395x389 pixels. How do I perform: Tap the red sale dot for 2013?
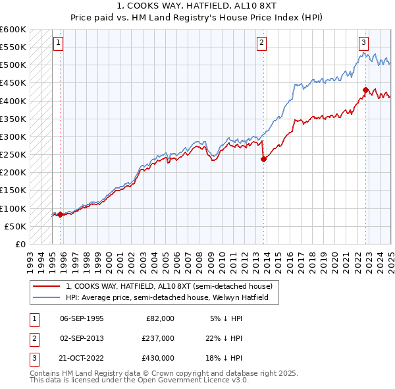tap(263, 159)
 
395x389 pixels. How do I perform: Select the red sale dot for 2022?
tap(365, 90)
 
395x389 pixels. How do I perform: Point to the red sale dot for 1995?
tap(60, 214)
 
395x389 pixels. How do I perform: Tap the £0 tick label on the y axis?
tap(20, 245)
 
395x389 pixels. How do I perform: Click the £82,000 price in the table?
tap(160, 318)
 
